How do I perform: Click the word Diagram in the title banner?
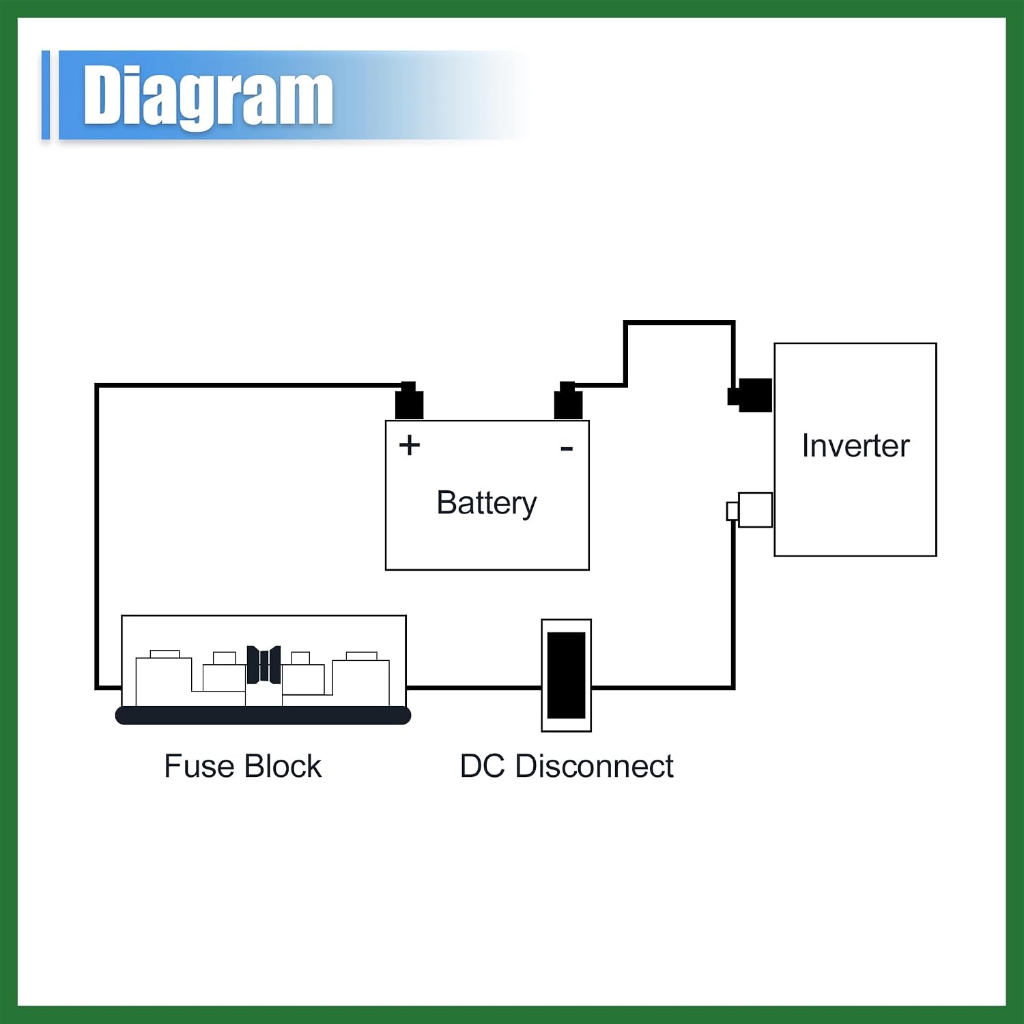tap(208, 97)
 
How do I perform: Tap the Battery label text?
tap(487, 504)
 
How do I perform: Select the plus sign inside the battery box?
tap(410, 445)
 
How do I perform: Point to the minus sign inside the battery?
tap(567, 449)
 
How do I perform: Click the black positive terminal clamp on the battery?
tap(409, 401)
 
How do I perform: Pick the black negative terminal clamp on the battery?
tap(568, 401)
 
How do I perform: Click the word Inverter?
tap(855, 446)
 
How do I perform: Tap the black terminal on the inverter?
tap(750, 395)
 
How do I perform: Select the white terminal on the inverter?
tap(750, 510)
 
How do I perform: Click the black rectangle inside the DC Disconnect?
tap(567, 675)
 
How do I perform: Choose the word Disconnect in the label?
tap(595, 766)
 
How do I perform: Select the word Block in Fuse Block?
tap(283, 766)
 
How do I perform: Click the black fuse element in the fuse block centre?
tap(264, 665)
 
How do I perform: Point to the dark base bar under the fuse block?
tap(263, 715)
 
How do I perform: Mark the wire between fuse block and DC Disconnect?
tap(474, 687)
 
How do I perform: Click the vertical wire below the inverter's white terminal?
tap(733, 605)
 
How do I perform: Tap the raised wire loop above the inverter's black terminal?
tap(679, 323)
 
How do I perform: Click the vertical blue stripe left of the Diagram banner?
tap(46, 95)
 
